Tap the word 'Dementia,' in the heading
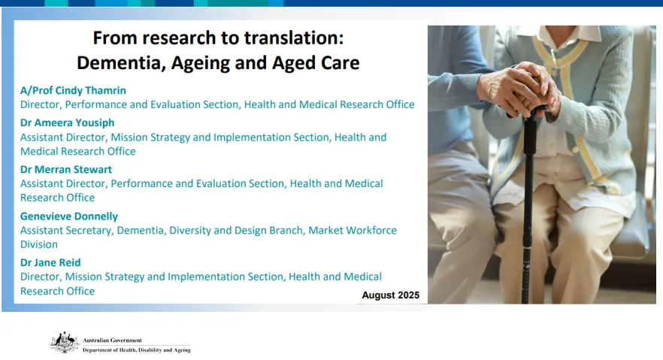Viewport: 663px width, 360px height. click(x=121, y=63)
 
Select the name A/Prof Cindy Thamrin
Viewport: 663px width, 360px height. click(x=73, y=90)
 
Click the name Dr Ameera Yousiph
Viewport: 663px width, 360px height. click(x=67, y=123)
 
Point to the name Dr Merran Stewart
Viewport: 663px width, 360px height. click(x=66, y=169)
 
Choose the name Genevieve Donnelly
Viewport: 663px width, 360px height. click(x=69, y=216)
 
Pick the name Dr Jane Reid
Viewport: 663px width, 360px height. click(x=50, y=262)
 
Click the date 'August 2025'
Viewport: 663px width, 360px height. click(x=391, y=295)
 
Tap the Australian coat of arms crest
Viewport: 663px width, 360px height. click(x=65, y=343)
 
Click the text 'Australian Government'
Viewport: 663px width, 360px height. click(x=112, y=340)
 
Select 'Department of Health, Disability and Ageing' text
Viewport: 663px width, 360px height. click(x=137, y=350)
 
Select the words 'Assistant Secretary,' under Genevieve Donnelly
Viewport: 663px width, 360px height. click(x=67, y=230)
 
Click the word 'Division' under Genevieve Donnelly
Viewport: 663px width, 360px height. click(x=39, y=244)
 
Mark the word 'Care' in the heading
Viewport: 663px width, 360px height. click(x=340, y=63)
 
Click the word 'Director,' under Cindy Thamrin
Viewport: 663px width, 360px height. click(x=41, y=104)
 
